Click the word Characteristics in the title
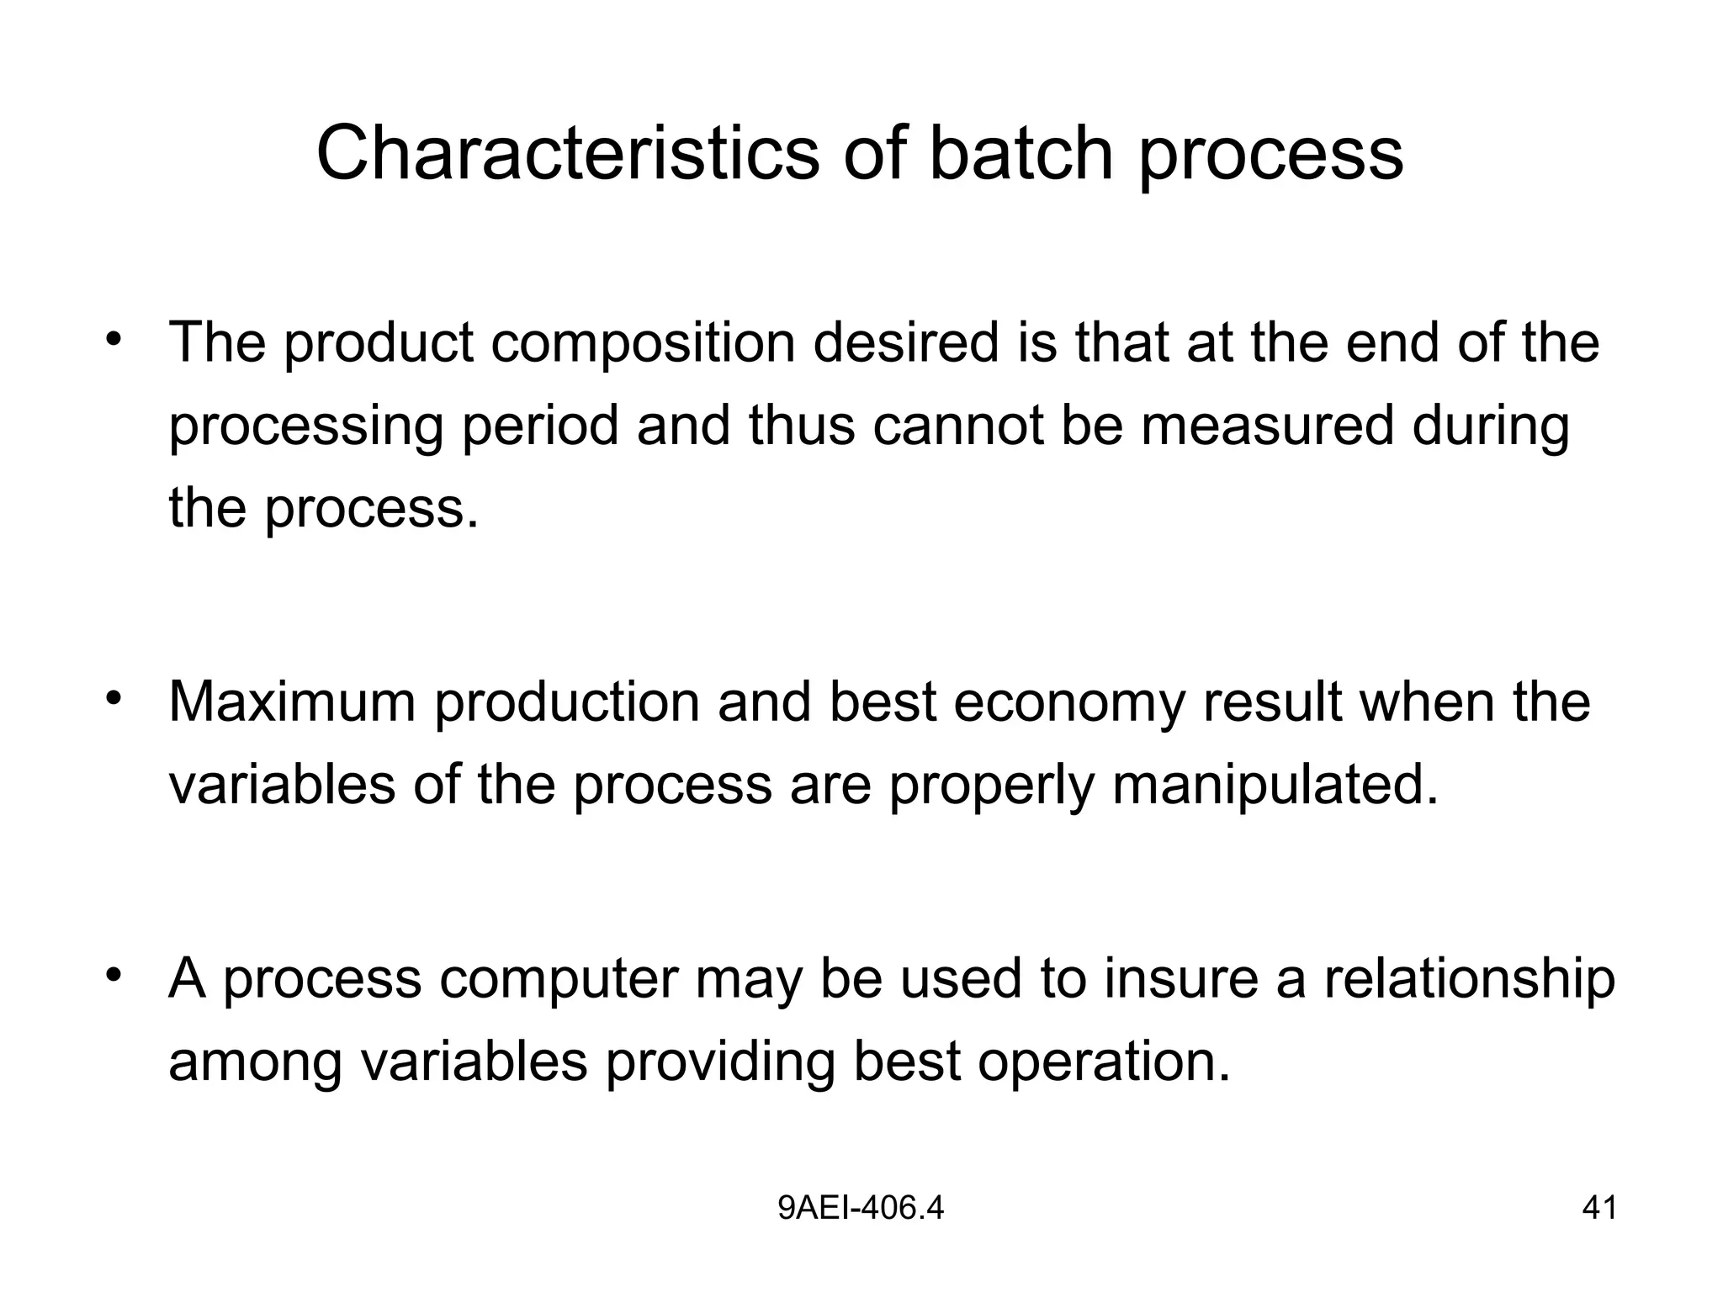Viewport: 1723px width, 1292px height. [x=567, y=153]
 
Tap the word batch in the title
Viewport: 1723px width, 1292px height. [x=1021, y=153]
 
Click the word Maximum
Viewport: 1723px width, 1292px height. [x=292, y=702]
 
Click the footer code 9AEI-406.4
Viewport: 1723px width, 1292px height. [x=861, y=1209]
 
